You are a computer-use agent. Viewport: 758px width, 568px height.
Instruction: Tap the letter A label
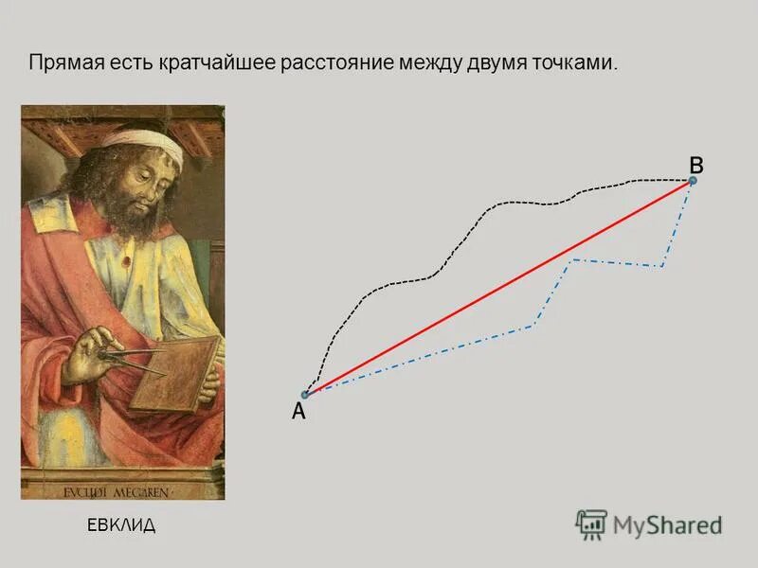(298, 412)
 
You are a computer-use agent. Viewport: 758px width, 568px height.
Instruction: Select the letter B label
(696, 164)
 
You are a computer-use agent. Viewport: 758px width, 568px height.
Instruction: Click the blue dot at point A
(305, 395)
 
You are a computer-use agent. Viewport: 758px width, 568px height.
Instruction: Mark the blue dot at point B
(693, 180)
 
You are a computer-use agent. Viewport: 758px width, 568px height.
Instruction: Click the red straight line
(499, 288)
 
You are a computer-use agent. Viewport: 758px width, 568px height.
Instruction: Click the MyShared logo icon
(591, 524)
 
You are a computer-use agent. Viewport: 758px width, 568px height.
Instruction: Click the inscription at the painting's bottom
(122, 492)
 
